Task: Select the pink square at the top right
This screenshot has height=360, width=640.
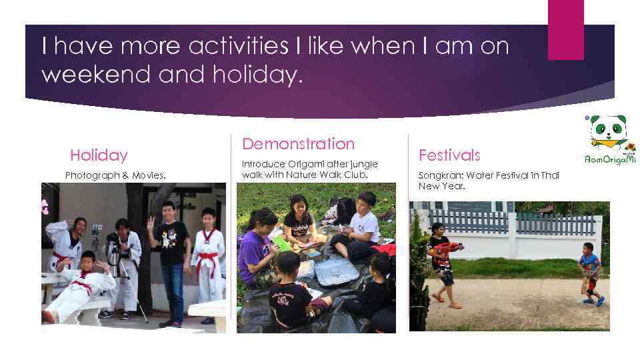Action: click(x=565, y=29)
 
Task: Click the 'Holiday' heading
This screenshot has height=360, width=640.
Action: click(x=99, y=155)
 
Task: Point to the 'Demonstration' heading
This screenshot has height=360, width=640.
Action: click(x=298, y=143)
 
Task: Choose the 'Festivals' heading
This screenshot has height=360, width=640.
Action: click(x=449, y=155)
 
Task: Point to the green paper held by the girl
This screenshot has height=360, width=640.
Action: click(x=282, y=243)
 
